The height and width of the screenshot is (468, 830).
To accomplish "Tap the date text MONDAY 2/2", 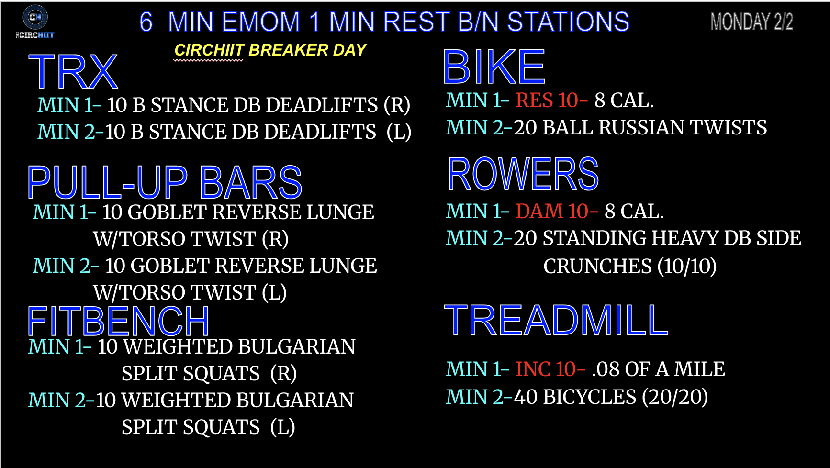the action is pos(751,22).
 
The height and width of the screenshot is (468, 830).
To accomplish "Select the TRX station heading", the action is pos(73,72).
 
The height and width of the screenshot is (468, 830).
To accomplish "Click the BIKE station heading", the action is pos(494,67).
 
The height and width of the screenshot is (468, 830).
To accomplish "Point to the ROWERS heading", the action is pos(523,174).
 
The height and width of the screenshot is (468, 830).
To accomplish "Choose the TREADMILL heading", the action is pos(556,320).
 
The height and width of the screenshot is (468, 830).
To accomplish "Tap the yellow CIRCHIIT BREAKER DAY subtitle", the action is pos(270,50).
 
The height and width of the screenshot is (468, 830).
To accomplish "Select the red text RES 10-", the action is pos(551,100).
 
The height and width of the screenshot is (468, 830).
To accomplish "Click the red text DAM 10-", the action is pos(557,211).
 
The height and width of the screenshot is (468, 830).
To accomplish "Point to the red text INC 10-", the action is pos(550,369).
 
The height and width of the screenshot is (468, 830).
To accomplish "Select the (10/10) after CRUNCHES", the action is pos(687,266).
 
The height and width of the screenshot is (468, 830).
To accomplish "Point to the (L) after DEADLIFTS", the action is pos(399,132).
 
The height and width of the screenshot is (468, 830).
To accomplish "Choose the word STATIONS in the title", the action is pos(568,22).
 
